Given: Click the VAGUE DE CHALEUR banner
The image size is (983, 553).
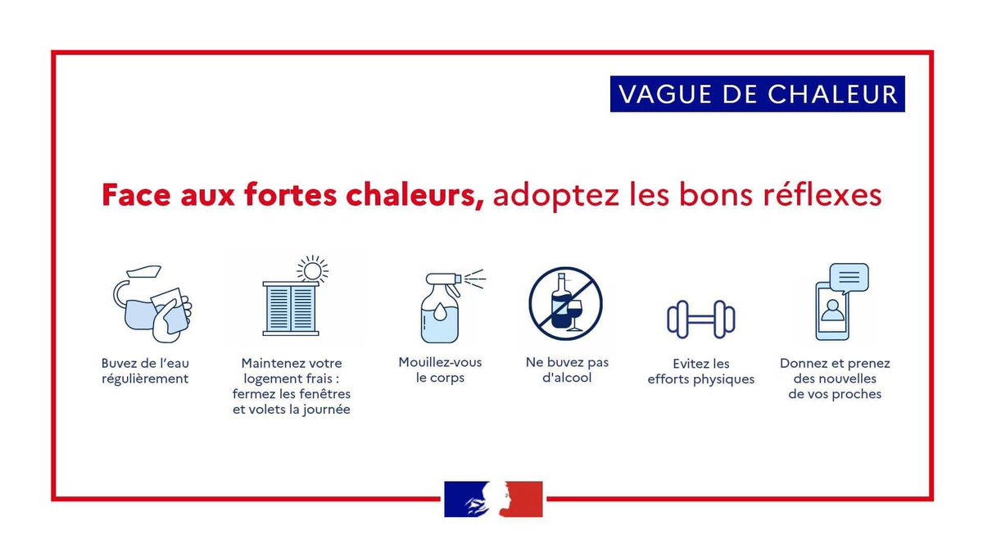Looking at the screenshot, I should click(757, 94).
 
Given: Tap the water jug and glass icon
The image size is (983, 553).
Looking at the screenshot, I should click(151, 304).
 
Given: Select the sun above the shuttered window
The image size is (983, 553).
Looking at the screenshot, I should click(311, 268).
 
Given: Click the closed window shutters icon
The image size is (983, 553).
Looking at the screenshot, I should click(291, 308).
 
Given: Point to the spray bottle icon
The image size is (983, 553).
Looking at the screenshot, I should click(443, 306).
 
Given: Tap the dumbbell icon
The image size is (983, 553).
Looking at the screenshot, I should click(701, 319).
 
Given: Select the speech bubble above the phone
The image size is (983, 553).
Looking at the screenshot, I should click(849, 279).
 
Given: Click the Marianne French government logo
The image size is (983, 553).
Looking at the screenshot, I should click(493, 499).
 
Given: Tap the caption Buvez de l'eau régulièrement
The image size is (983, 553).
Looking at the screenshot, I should click(145, 371).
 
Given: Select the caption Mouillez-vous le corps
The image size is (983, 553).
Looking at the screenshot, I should click(440, 370).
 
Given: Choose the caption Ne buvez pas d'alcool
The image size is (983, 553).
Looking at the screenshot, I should click(567, 370).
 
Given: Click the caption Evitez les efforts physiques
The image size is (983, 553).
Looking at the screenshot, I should click(700, 372).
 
